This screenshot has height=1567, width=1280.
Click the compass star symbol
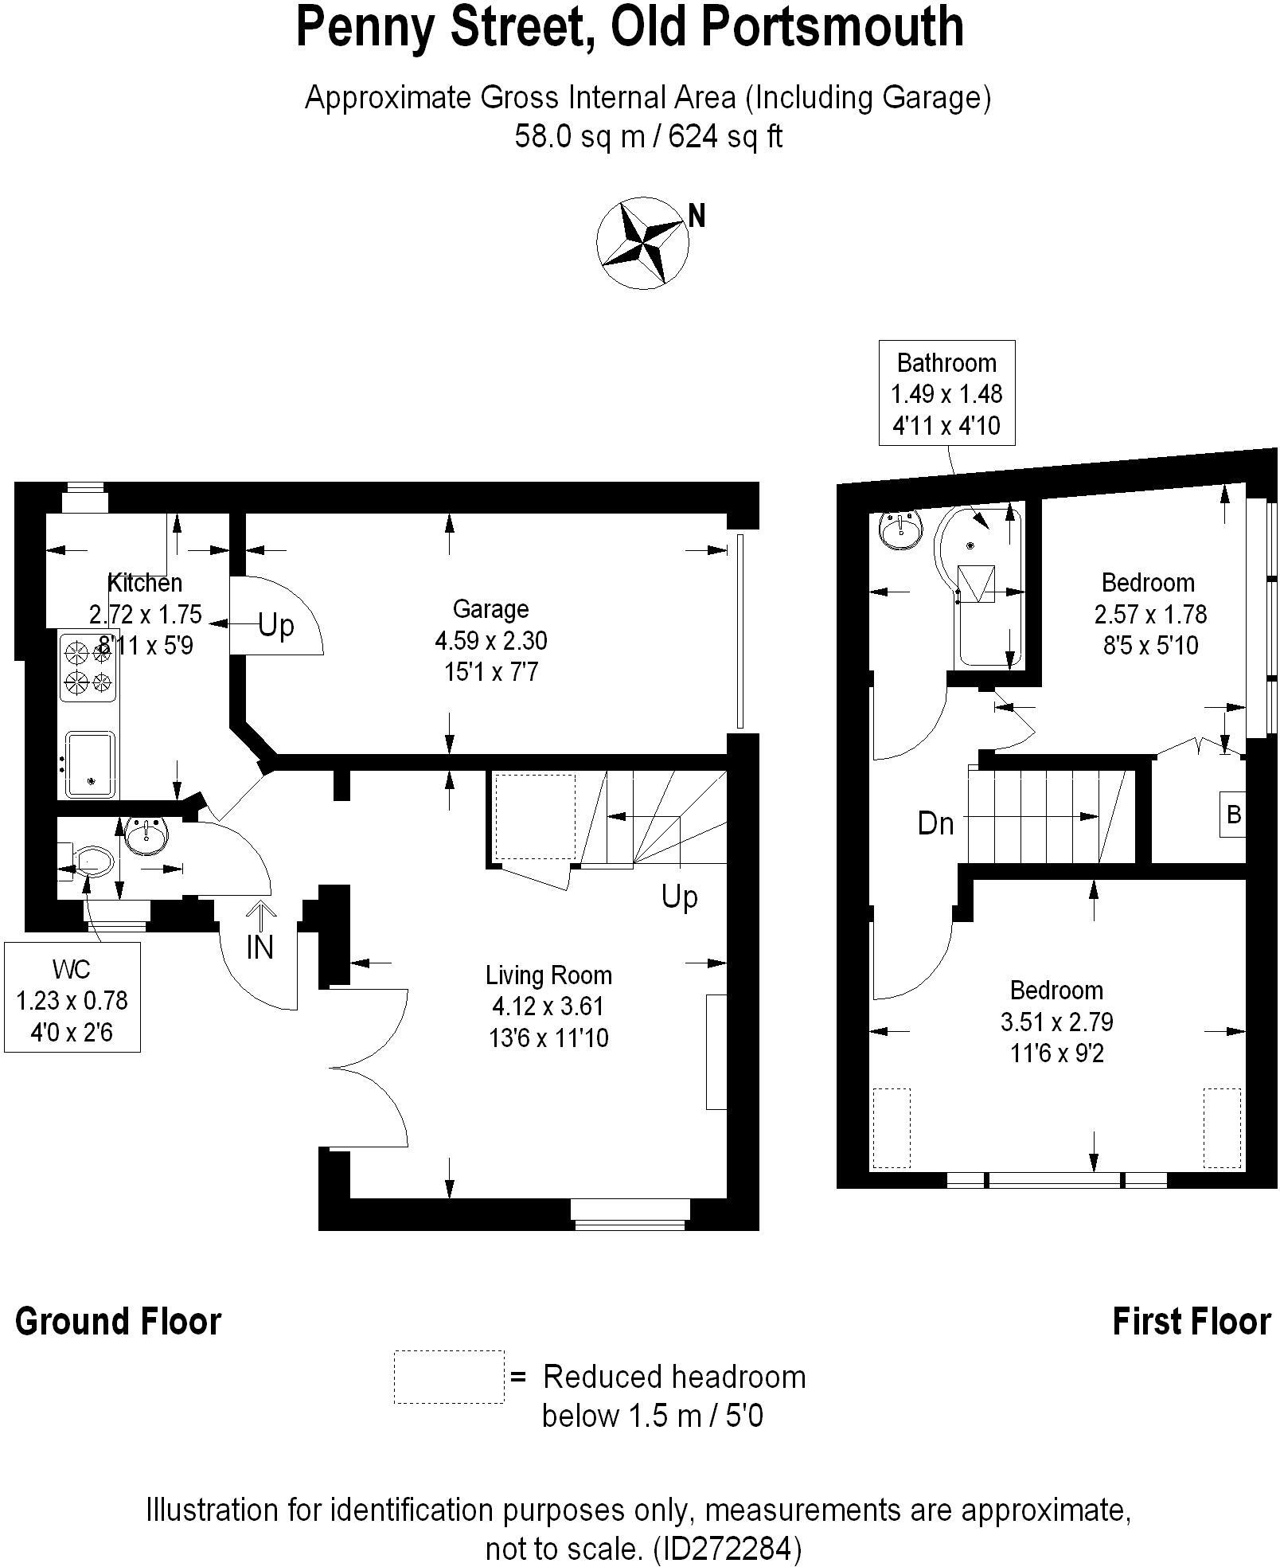642,241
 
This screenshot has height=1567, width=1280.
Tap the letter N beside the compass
697,216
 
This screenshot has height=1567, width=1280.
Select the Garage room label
490,609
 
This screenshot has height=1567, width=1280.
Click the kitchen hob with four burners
88,667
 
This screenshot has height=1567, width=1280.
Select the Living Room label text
548,975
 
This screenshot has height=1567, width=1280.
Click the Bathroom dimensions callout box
946,394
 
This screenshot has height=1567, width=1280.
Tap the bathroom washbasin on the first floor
902,529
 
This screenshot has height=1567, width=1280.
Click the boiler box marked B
1233,815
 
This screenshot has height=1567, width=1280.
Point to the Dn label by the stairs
935,823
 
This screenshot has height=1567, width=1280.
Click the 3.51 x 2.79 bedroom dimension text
1056,1022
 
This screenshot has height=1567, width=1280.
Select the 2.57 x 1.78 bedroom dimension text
1150,614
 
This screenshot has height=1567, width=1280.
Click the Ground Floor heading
119,1321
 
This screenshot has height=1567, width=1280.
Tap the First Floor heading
1191,1321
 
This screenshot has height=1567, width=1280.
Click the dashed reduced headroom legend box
449,1376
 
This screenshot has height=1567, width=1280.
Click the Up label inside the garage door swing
276,626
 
